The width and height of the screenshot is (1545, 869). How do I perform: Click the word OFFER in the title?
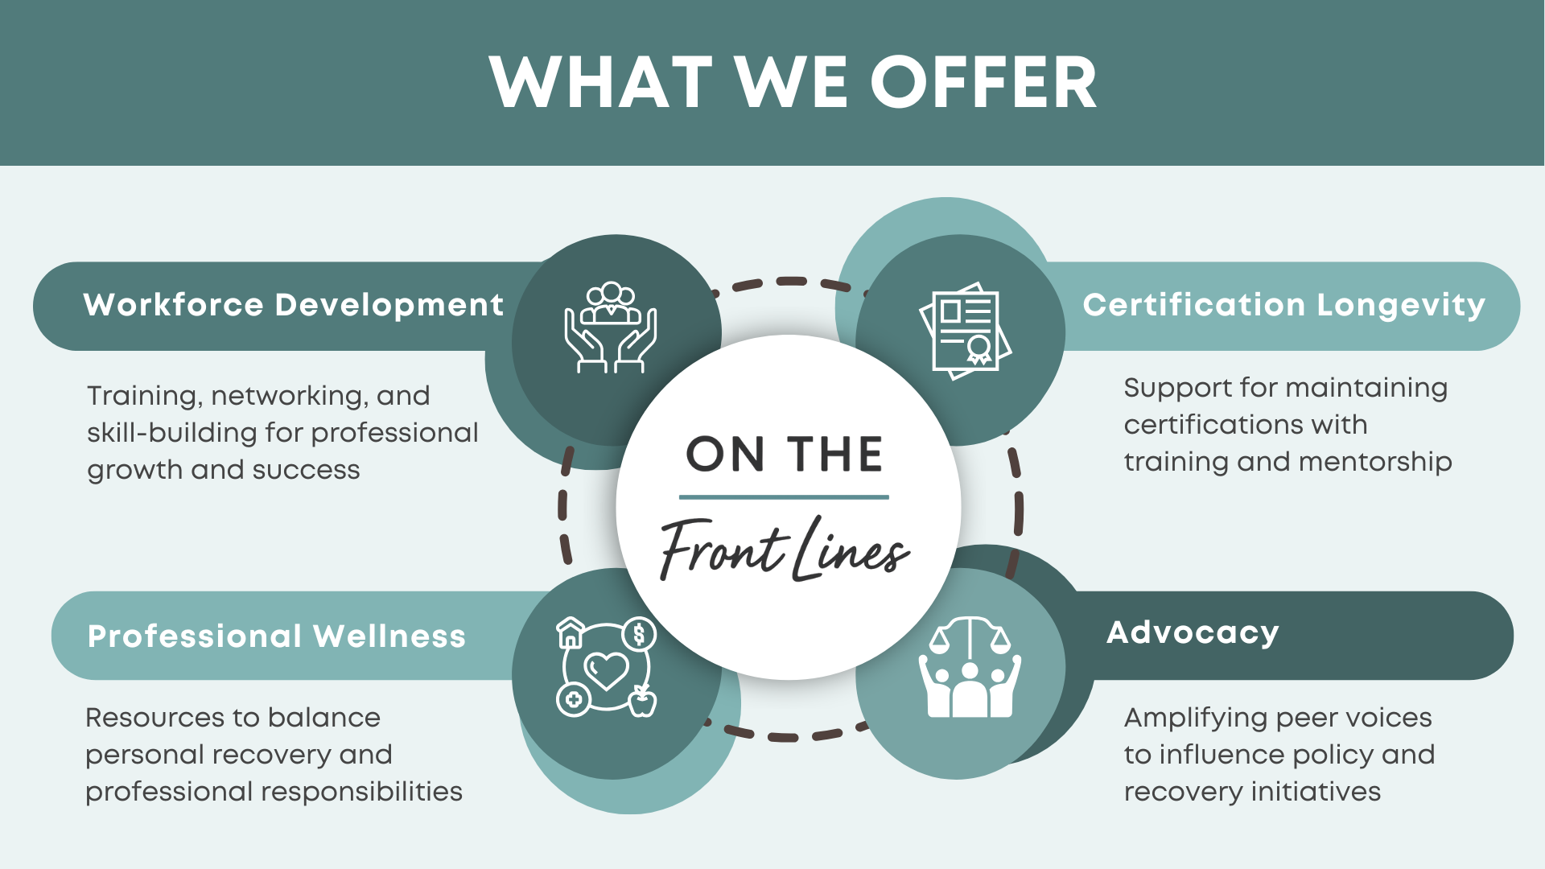(983, 83)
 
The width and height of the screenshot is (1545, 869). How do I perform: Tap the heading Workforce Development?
(293, 305)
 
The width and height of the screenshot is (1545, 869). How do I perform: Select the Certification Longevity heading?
(1283, 305)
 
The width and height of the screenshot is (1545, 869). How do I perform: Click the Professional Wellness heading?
(277, 636)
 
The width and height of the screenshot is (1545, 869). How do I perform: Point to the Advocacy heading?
(1193, 632)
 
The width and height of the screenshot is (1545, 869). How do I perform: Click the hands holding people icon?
(611, 327)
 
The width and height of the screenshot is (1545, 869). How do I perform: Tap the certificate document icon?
(965, 331)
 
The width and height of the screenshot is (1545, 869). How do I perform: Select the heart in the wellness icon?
(606, 669)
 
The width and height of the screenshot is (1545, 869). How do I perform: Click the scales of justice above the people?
(970, 636)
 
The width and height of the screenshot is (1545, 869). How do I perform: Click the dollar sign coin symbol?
(639, 635)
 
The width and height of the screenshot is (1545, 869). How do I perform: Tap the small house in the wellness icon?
(571, 633)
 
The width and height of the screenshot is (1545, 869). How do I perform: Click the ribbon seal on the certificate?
(979, 349)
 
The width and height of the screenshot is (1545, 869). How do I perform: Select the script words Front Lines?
(784, 550)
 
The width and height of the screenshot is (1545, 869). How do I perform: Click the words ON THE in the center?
(785, 455)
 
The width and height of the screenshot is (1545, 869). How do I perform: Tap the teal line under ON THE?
(784, 497)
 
